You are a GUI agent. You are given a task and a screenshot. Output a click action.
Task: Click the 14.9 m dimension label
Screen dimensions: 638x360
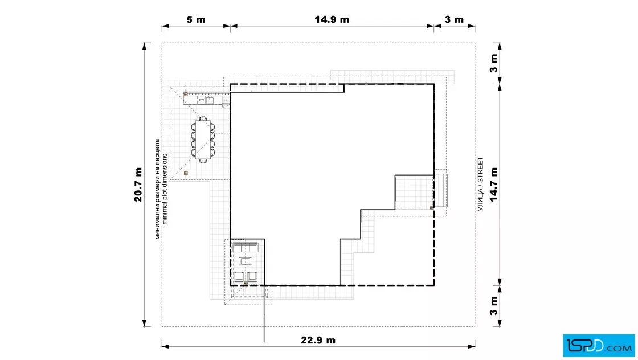[x=332, y=19]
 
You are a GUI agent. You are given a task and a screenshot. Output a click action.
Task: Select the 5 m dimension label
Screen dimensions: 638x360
[x=196, y=19]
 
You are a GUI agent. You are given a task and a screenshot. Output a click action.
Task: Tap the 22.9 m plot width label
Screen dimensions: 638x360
[x=318, y=340]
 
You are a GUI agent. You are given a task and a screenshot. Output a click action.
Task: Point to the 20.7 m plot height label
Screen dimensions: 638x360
[x=138, y=185]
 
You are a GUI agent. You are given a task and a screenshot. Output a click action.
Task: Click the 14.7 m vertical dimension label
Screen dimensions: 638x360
[x=493, y=184]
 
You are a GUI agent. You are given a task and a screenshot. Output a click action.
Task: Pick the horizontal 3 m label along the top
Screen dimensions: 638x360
[x=454, y=19]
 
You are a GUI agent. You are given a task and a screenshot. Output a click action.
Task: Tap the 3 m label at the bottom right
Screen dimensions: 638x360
[x=493, y=306]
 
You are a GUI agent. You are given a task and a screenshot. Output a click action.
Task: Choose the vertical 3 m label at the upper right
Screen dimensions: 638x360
[x=493, y=63]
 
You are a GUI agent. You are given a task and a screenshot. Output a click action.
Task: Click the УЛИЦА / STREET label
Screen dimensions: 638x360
[x=481, y=184]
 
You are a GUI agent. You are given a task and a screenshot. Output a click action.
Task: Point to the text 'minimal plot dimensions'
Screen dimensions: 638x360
[x=165, y=189]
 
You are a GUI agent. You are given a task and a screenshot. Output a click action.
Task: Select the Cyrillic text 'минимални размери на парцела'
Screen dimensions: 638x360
[x=157, y=189]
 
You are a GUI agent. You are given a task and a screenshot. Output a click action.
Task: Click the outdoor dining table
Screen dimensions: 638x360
[x=203, y=140]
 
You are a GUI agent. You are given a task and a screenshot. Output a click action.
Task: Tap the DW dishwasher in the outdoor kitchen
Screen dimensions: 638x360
[x=202, y=100]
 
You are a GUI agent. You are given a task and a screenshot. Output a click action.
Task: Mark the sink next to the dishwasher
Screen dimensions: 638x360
[x=210, y=100]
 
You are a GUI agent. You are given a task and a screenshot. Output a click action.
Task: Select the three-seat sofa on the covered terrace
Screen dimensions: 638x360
[x=246, y=247]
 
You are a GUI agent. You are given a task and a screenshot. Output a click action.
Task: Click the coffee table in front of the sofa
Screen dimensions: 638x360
[x=246, y=261]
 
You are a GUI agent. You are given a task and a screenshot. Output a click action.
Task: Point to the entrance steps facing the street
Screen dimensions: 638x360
[x=440, y=190]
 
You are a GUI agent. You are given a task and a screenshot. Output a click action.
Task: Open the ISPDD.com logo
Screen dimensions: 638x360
[x=599, y=346]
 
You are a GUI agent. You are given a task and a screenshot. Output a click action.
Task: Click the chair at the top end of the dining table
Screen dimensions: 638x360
[x=203, y=118]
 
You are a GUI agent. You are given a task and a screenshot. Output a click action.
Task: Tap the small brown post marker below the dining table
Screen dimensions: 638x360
[x=186, y=173]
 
